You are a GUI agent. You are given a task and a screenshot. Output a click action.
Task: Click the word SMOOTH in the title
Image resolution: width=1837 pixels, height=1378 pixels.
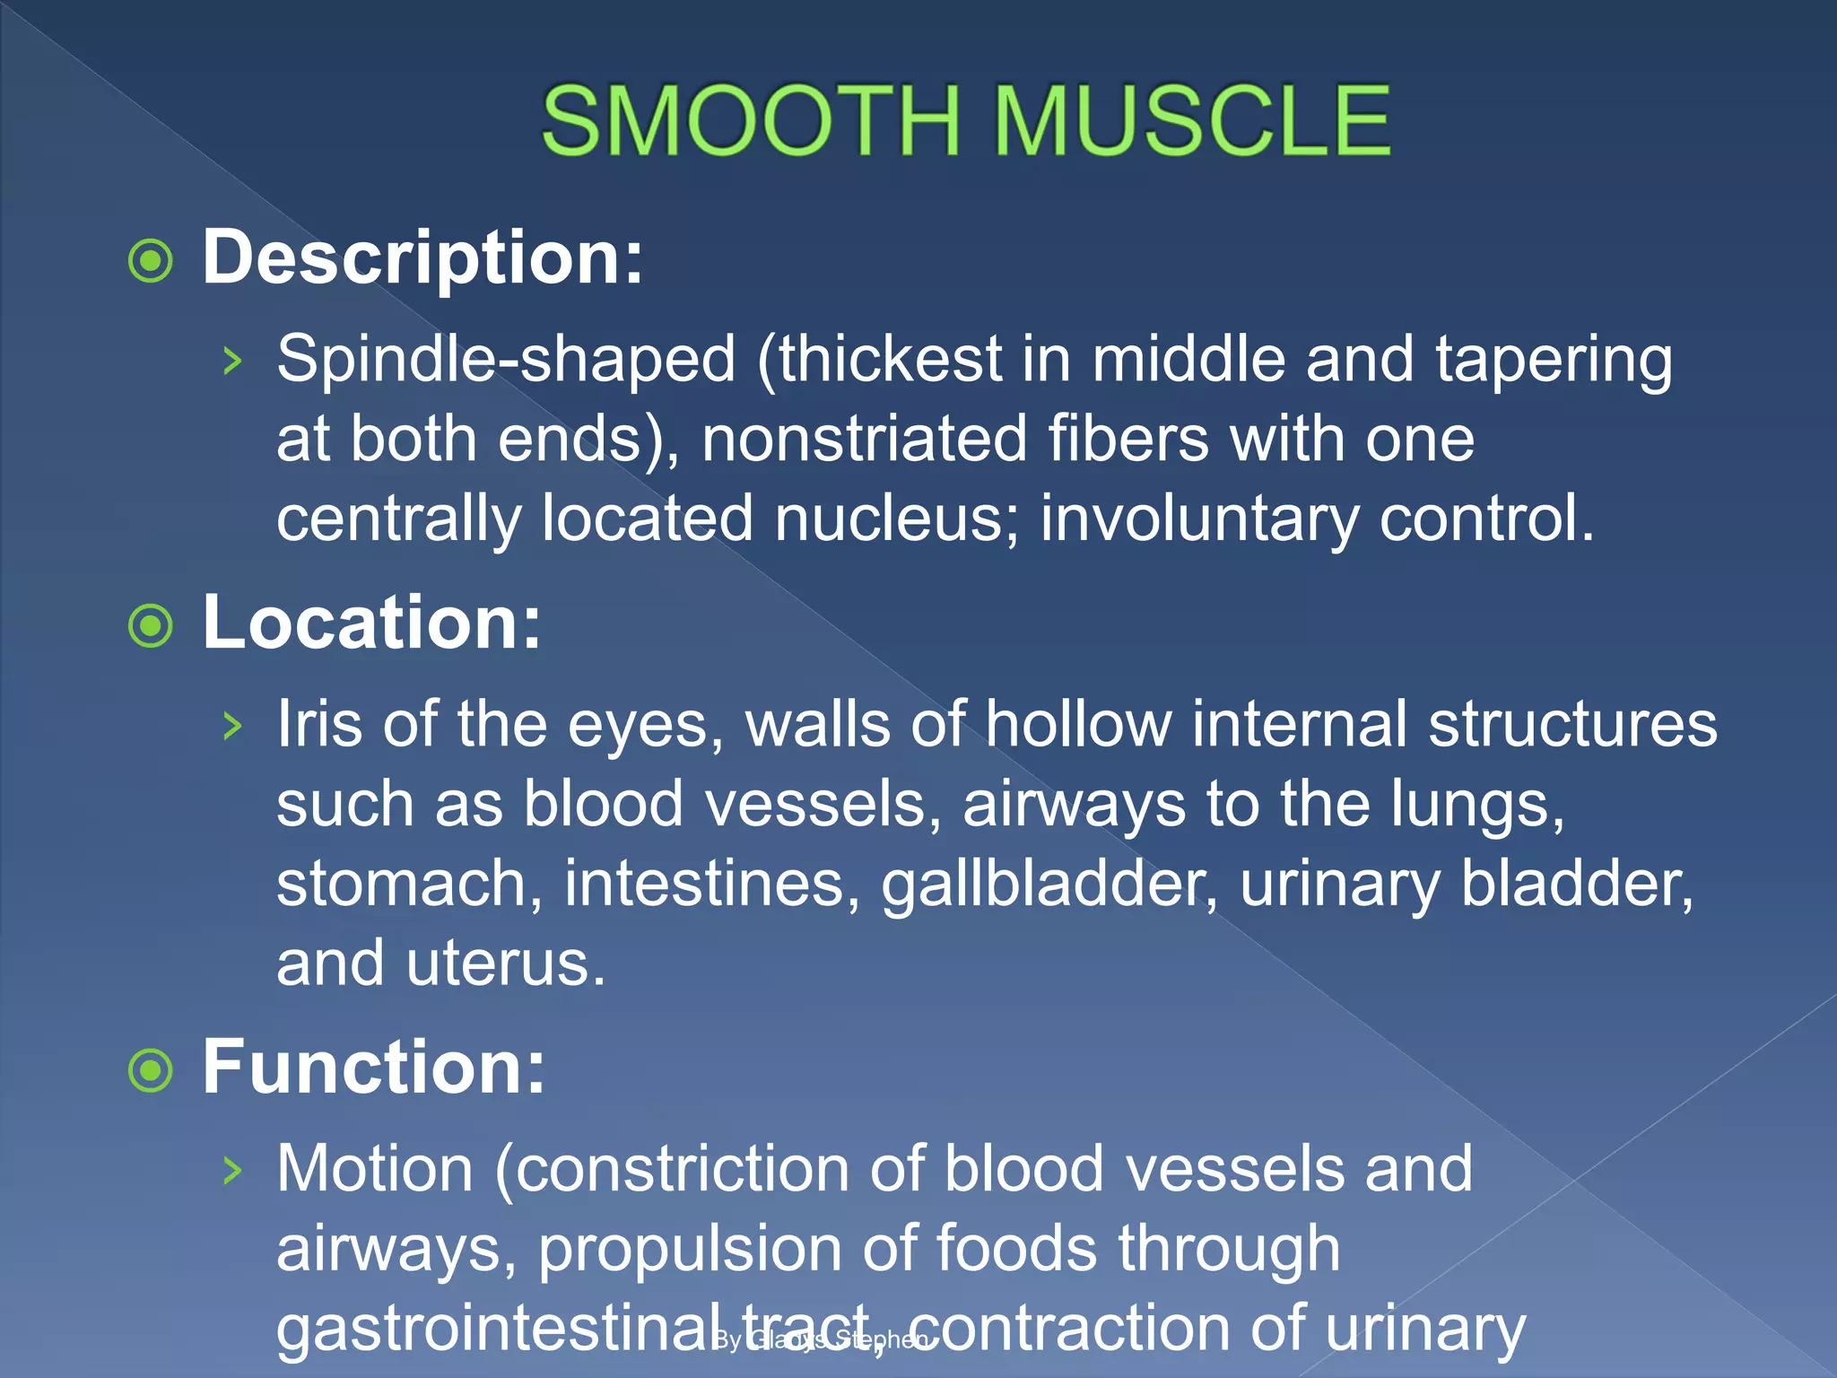tap(751, 121)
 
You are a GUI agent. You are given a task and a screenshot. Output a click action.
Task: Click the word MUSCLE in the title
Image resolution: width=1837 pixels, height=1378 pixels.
tap(1192, 121)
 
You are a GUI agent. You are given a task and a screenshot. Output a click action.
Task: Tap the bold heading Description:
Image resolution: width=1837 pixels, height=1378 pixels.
tap(422, 257)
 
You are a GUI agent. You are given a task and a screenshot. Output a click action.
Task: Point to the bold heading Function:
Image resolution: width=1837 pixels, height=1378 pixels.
tap(373, 1067)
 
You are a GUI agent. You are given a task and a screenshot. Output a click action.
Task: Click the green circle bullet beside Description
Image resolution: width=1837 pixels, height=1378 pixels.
tap(151, 261)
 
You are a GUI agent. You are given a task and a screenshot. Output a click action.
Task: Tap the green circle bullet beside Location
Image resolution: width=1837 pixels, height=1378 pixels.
tap(151, 625)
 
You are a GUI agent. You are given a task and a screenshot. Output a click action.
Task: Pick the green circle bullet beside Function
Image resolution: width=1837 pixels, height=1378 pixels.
tap(151, 1070)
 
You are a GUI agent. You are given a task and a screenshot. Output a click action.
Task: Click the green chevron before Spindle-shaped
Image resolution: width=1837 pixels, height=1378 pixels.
tap(232, 362)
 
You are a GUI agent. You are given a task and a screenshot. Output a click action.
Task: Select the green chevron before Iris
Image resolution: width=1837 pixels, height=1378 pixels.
tap(232, 725)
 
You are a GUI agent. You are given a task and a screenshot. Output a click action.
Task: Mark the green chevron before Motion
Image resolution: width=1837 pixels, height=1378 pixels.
tap(232, 1170)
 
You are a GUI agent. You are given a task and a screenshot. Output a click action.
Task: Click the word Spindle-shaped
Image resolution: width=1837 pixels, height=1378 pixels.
tap(506, 360)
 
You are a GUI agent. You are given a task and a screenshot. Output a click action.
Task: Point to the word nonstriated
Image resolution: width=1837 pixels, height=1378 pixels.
tap(864, 439)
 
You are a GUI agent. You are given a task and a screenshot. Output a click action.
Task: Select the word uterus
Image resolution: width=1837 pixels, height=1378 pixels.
tap(506, 964)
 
